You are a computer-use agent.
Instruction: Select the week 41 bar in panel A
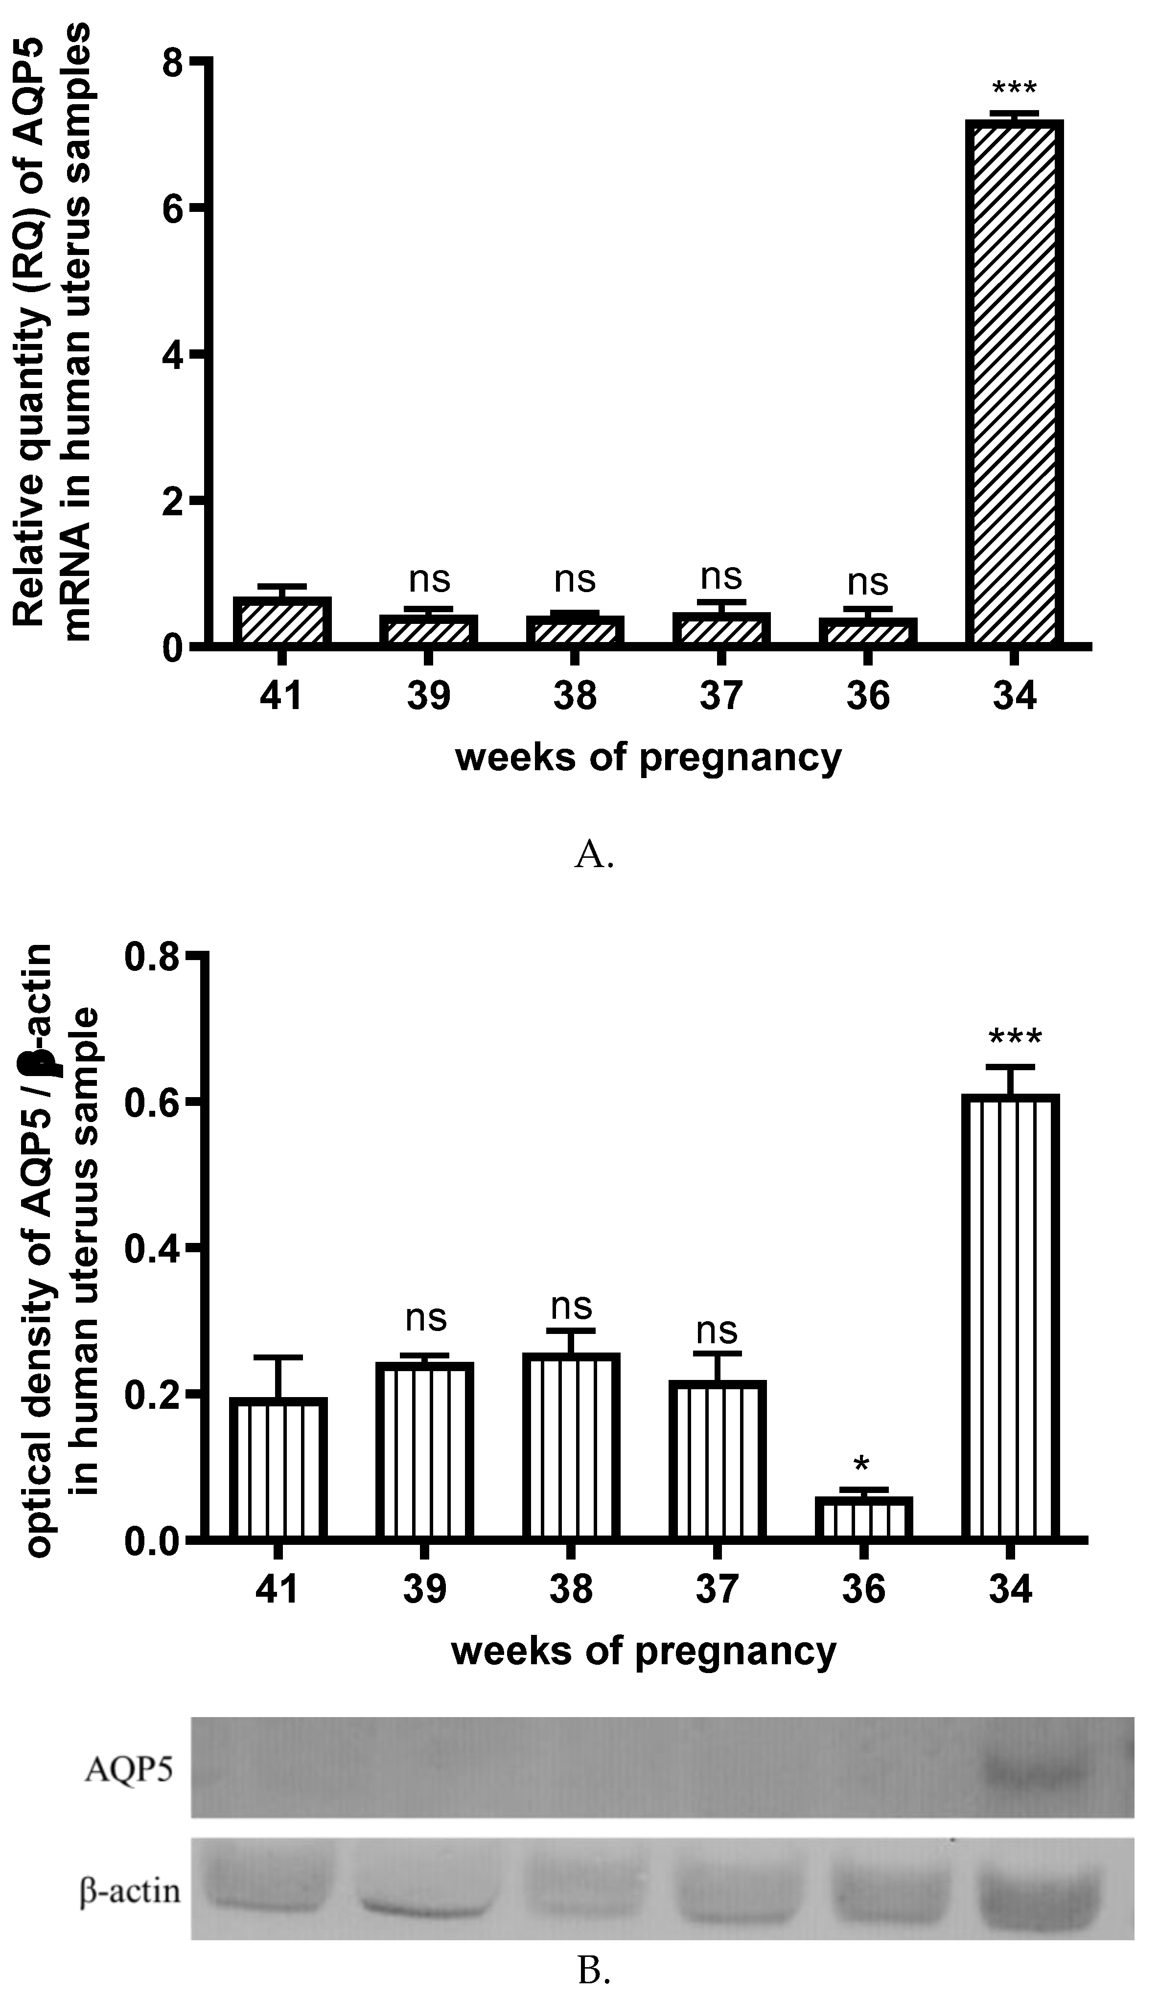pos(281,621)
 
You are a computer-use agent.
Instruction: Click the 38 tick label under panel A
pos(575,696)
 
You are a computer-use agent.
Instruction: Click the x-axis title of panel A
pos(648,757)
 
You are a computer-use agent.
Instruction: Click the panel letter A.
pos(593,855)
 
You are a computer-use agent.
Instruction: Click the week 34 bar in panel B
pos(1010,1315)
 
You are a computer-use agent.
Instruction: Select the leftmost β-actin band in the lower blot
pos(266,1889)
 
